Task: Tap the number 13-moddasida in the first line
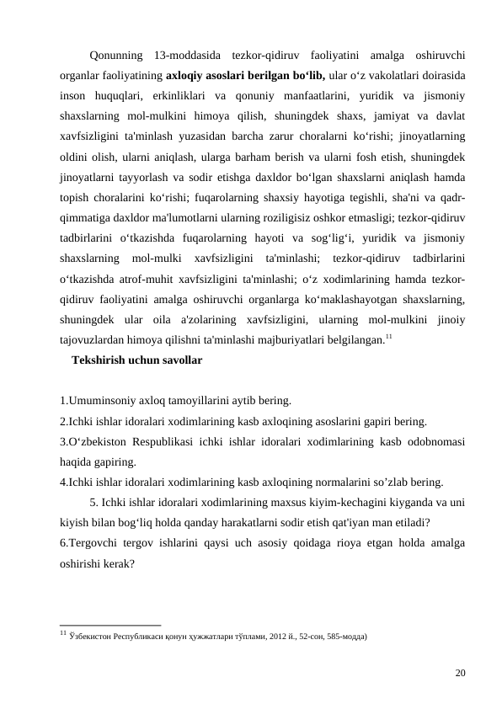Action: point(190,56)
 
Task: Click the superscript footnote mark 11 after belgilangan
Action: point(388,337)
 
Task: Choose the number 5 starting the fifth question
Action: point(92,503)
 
